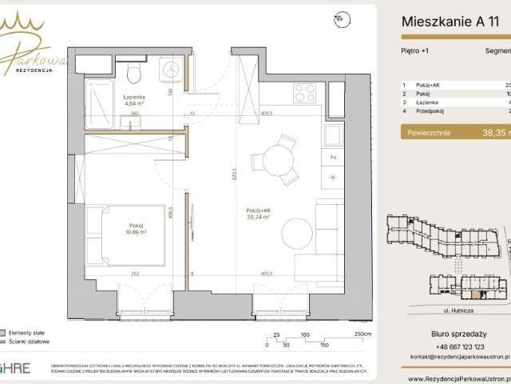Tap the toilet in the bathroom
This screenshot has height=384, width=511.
click(134, 74)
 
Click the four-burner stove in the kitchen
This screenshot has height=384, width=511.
click(304, 93)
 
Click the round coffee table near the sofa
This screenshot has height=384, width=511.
click(297, 234)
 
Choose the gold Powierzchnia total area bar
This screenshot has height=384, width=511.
click(455, 134)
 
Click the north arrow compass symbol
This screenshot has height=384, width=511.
click(341, 18)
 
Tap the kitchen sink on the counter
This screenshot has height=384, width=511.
click(333, 134)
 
